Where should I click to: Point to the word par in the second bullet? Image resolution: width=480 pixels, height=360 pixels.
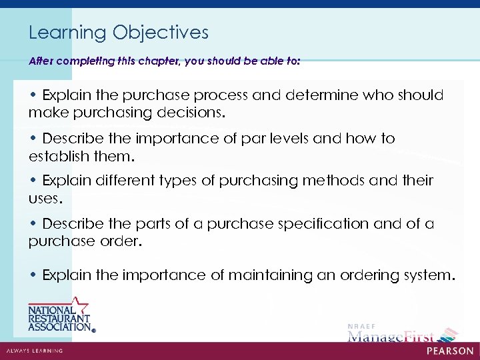tap(246, 139)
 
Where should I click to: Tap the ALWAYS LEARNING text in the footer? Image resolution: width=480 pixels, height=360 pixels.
tap(34, 351)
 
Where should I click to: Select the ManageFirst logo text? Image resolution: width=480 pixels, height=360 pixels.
tap(390, 336)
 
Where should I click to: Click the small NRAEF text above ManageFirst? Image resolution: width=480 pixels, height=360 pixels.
tap(358, 325)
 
